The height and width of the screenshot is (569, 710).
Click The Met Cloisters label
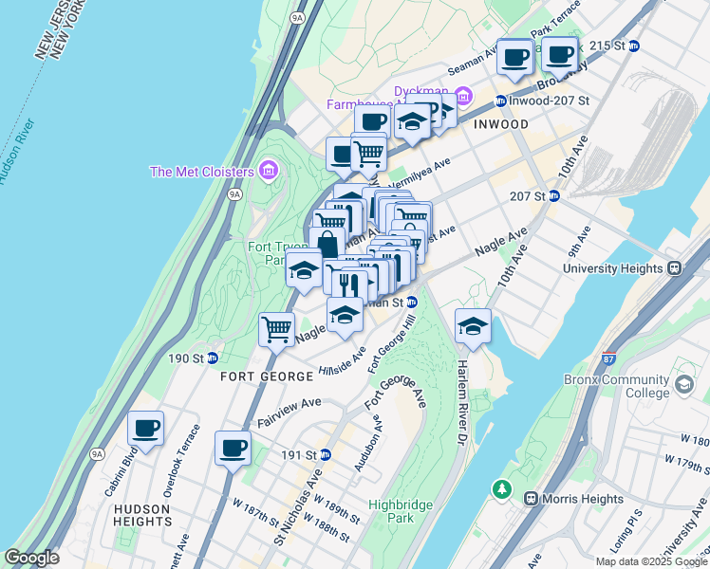coord(202,172)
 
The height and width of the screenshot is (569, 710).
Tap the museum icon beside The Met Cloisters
coord(269,171)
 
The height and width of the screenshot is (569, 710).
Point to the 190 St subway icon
coord(213,358)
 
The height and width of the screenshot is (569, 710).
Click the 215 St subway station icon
coord(633,45)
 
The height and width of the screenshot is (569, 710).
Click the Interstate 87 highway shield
coord(608,358)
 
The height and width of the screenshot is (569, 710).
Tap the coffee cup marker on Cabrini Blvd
coord(146,429)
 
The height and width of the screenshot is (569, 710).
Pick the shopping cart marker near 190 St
coord(276,331)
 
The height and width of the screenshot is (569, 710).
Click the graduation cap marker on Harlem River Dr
coord(473,327)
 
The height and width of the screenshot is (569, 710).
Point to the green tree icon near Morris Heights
coord(501,489)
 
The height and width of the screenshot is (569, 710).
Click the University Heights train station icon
coord(675,268)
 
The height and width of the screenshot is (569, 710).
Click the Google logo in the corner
coord(32,558)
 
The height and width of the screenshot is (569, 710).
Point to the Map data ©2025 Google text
coord(651,560)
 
